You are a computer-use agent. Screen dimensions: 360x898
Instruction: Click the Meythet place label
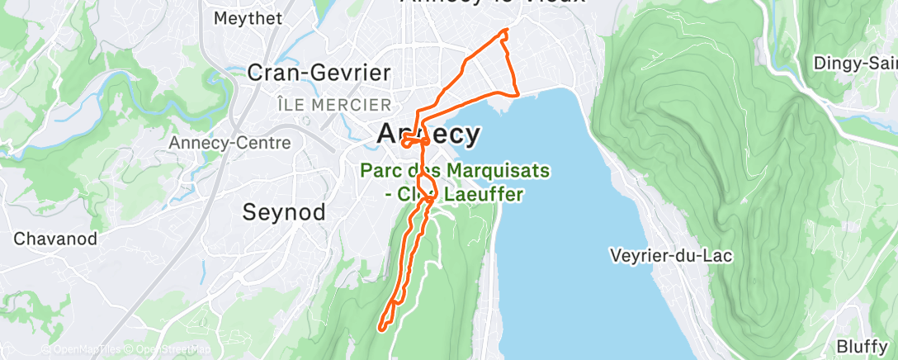click(x=248, y=17)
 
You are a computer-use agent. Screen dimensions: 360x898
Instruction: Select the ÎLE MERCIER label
click(x=334, y=105)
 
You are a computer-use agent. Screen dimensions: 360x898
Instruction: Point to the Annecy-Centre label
click(x=230, y=143)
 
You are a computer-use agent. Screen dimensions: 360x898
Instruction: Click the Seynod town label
click(x=282, y=211)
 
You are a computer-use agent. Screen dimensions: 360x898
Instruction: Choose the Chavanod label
click(x=56, y=239)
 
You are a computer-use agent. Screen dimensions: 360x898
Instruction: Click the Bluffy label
click(x=861, y=345)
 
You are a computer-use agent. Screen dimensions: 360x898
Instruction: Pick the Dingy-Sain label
click(x=855, y=63)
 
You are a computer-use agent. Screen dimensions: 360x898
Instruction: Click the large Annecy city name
click(x=428, y=134)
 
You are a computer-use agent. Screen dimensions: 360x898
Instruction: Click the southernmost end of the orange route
click(x=382, y=329)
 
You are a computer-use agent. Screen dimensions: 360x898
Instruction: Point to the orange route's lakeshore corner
click(x=517, y=96)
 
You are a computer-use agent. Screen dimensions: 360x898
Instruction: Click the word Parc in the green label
click(x=380, y=170)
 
